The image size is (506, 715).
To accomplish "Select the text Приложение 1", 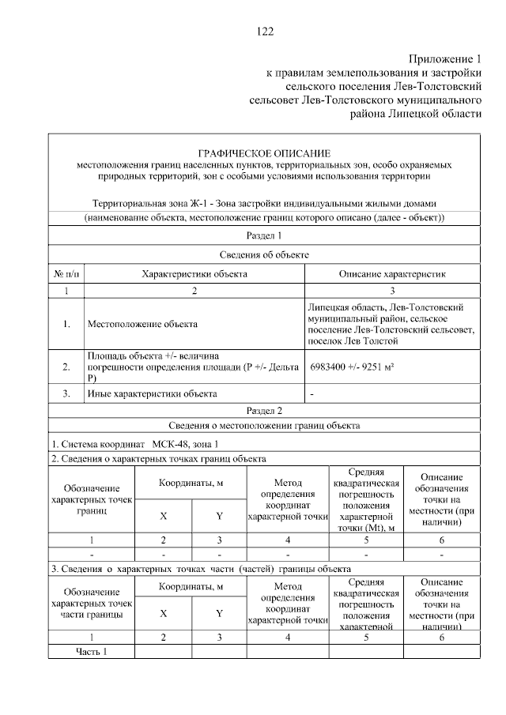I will (x=444, y=59).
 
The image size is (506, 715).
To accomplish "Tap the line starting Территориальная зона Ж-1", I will (x=264, y=203).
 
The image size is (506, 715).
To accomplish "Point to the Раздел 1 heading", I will (x=264, y=235).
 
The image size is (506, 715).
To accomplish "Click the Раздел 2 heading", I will (x=264, y=410).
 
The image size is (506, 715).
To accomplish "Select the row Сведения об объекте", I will (x=264, y=254).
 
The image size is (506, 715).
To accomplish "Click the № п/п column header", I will (x=66, y=273).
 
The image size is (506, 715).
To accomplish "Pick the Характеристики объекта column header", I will (x=194, y=273).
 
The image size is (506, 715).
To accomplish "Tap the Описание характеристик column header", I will (x=392, y=273).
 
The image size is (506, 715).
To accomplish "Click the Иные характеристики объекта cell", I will (x=151, y=393).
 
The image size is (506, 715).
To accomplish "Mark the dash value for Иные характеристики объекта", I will (x=312, y=393).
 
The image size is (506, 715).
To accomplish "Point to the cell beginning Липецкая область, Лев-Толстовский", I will (x=391, y=323).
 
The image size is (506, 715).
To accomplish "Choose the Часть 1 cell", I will (x=91, y=651).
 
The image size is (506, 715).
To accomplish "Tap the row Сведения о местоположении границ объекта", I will (x=264, y=426).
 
